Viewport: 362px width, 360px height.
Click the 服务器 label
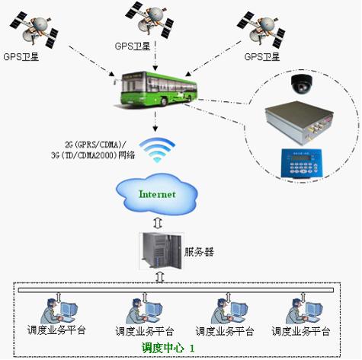coord(200,250)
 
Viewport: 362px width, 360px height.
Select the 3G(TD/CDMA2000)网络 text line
coord(100,155)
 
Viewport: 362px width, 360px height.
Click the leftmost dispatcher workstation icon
coord(57,308)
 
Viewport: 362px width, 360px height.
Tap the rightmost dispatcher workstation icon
coord(300,308)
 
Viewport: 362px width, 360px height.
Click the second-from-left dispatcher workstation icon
coord(140,308)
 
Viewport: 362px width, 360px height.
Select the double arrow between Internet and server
coord(157,221)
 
